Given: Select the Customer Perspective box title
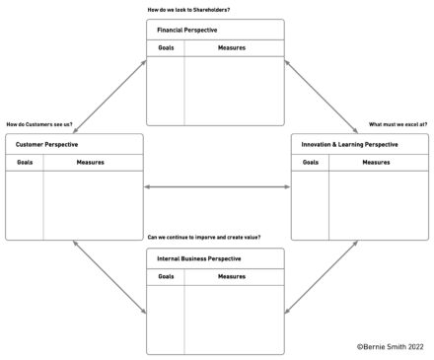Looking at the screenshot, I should click(46, 145).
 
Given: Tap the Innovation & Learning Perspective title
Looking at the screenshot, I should click(350, 145).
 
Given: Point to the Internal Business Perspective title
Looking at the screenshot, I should click(198, 258).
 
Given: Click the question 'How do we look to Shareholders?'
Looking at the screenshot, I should click(188, 10).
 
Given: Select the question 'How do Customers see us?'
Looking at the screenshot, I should click(39, 124).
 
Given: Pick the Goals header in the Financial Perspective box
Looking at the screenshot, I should click(165, 48).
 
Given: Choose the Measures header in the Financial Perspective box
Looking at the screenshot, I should click(233, 48).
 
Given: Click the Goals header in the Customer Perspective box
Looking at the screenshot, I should click(24, 162).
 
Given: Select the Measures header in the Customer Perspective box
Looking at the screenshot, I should click(91, 162).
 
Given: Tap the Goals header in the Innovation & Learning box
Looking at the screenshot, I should click(310, 162).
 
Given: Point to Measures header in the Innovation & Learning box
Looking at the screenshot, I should click(376, 162).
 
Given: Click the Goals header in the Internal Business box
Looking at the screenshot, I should click(166, 276).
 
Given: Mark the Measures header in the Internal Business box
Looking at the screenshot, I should click(233, 276).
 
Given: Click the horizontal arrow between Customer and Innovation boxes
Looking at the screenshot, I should click(217, 187).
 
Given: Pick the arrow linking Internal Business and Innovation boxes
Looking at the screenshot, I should click(322, 278).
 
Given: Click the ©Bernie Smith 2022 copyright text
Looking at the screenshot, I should click(392, 346).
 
